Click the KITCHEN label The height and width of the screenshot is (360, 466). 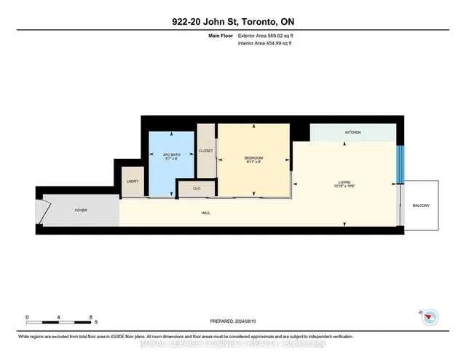click(353, 133)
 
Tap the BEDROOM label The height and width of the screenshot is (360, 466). click(253, 158)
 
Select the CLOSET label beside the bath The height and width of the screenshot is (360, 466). click(206, 151)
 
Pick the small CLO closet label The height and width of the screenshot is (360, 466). click(197, 189)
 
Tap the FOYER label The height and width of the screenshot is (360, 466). click(81, 210)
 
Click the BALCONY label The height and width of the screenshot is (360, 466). click(420, 206)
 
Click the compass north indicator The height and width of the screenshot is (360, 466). click(430, 316)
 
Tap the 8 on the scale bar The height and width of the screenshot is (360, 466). click(91, 318)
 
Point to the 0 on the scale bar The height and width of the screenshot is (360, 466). click(27, 318)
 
